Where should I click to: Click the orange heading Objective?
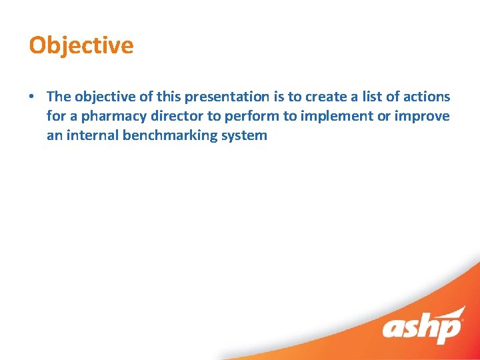click(81, 45)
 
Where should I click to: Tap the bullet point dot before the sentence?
click(32, 97)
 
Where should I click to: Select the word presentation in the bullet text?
click(228, 97)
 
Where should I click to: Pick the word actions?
click(425, 97)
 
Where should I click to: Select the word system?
click(243, 136)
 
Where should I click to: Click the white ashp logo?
click(422, 327)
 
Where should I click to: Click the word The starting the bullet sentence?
click(58, 97)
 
